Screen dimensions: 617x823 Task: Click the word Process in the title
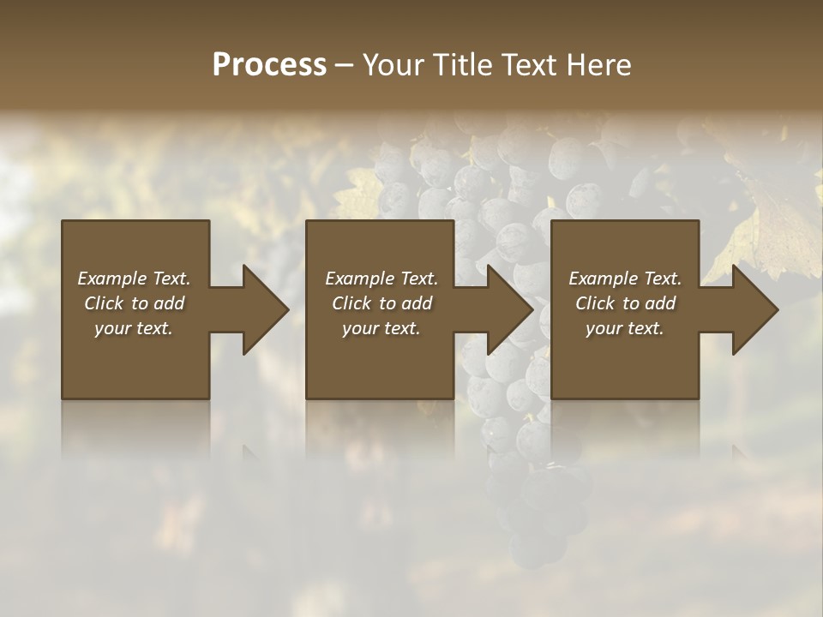(x=269, y=65)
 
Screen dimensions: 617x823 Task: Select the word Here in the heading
(x=598, y=65)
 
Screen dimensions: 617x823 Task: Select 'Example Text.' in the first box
(x=134, y=279)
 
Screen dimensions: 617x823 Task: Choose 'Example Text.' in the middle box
(x=381, y=279)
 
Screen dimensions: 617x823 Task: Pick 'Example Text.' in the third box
(x=625, y=279)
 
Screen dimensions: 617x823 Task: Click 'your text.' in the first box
(x=134, y=328)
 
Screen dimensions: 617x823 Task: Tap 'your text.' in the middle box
(x=381, y=328)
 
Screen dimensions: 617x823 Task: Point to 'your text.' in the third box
(x=625, y=328)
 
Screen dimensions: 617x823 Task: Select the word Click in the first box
(x=105, y=303)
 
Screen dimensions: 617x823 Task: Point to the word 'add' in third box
(x=660, y=303)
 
